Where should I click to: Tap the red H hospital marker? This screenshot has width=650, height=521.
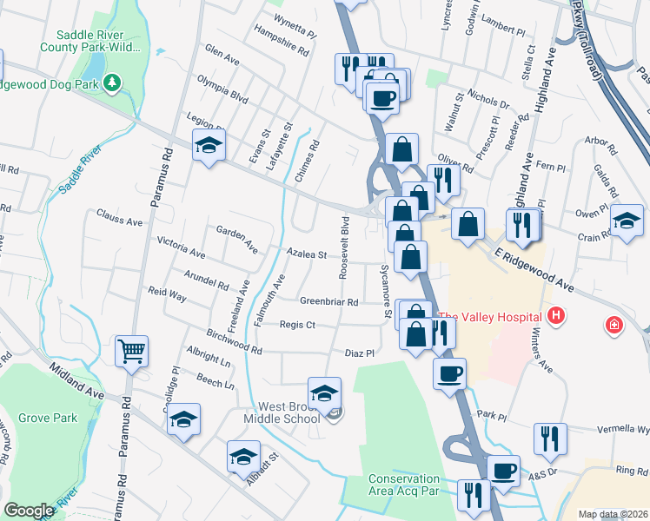pos(556,316)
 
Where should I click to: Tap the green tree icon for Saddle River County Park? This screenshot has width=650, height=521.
pos(111,83)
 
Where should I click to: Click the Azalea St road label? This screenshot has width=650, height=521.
pos(307,255)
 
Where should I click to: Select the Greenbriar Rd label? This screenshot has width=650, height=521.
pos(329,301)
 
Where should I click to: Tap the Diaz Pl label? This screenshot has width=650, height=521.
pos(358,353)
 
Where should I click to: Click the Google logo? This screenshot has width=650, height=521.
pos(30,511)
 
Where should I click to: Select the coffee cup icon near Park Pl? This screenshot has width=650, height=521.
pos(449,373)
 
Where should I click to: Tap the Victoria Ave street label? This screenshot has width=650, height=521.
pos(180,247)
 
